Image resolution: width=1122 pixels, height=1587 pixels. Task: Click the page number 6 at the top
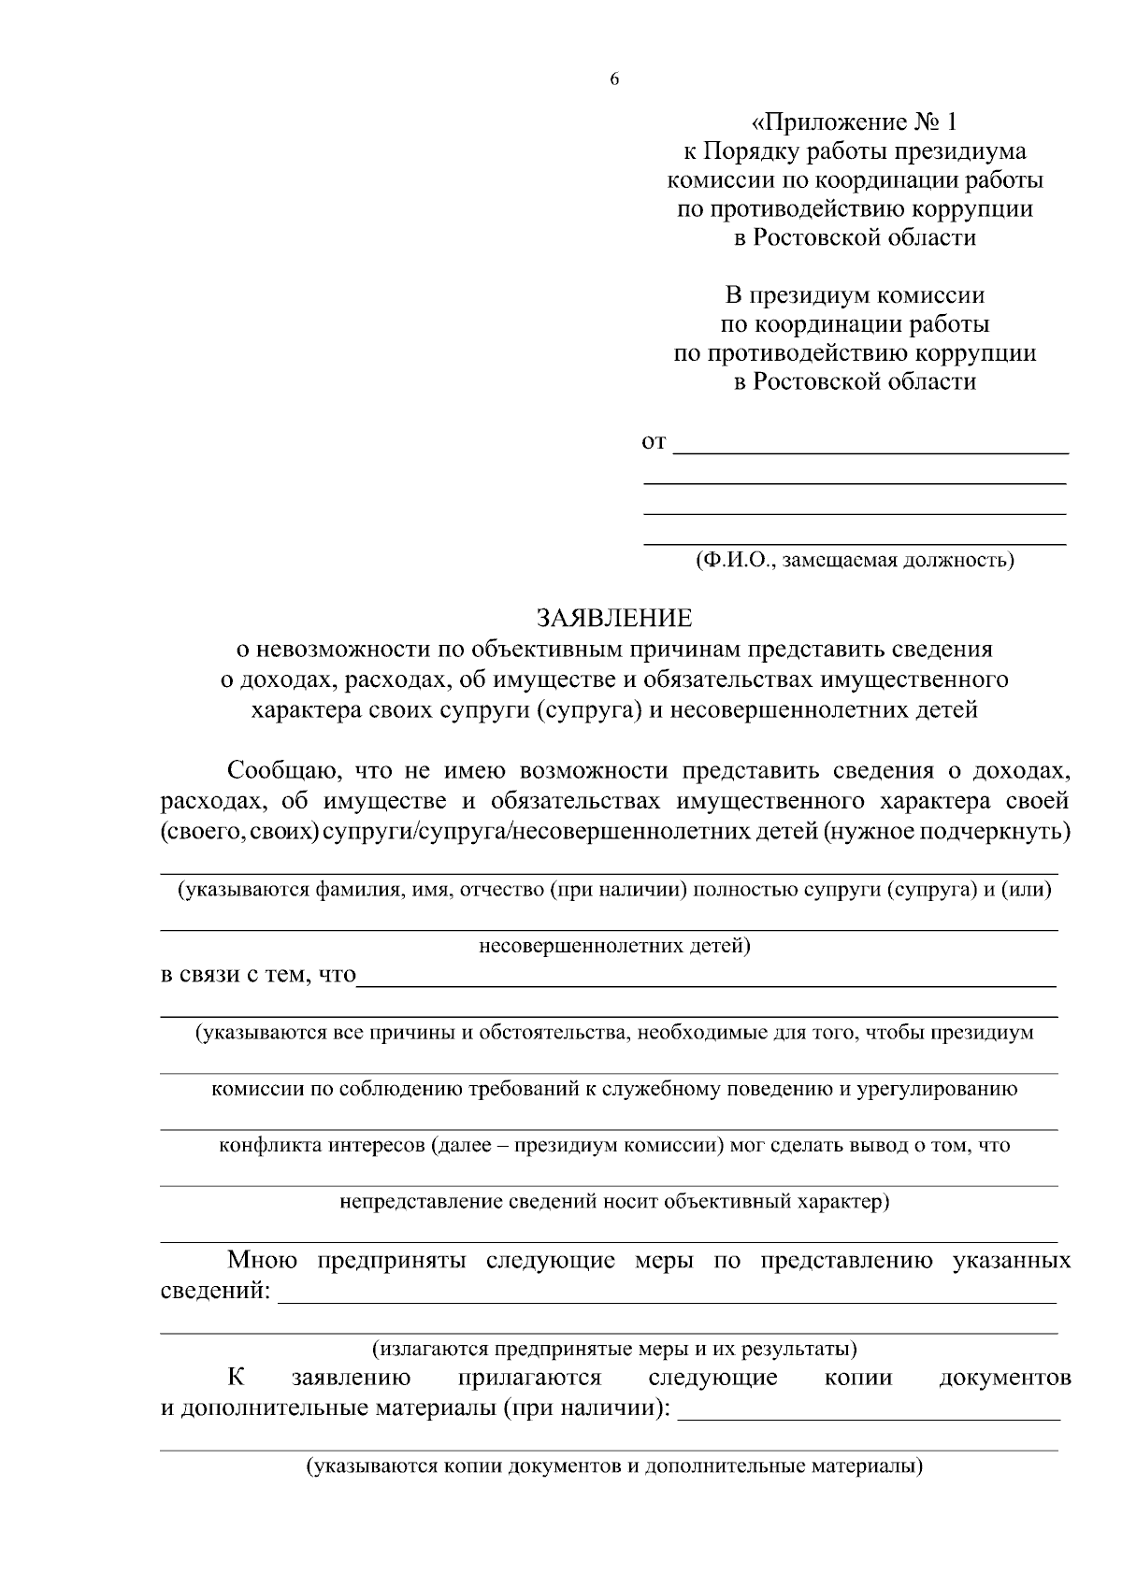(x=614, y=79)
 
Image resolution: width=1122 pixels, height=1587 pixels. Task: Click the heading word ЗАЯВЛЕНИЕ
(x=613, y=618)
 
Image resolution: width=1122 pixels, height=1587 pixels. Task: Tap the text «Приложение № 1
(x=855, y=122)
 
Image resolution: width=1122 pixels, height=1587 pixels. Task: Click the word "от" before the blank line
(x=654, y=441)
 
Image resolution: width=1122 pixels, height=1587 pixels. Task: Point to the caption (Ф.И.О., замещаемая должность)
(x=855, y=560)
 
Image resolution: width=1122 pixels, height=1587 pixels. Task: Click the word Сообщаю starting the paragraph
(x=275, y=771)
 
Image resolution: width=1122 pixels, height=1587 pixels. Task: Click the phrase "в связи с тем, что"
(x=258, y=975)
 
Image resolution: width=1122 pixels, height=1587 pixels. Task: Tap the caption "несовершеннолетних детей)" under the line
(x=614, y=946)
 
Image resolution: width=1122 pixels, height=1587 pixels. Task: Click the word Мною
(x=262, y=1260)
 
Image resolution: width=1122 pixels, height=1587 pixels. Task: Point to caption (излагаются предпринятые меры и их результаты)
(x=614, y=1349)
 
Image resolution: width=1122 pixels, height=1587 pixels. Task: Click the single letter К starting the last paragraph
(x=236, y=1377)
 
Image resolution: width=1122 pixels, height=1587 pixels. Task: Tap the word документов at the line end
(x=1004, y=1378)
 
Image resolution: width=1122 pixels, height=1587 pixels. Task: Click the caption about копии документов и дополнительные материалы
(x=614, y=1465)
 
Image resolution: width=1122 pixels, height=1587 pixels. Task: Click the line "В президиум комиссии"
(x=855, y=296)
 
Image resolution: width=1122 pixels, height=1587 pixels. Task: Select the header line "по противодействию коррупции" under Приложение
(x=855, y=208)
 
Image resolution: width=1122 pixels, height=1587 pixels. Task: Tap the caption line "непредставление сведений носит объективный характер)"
(x=614, y=1200)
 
